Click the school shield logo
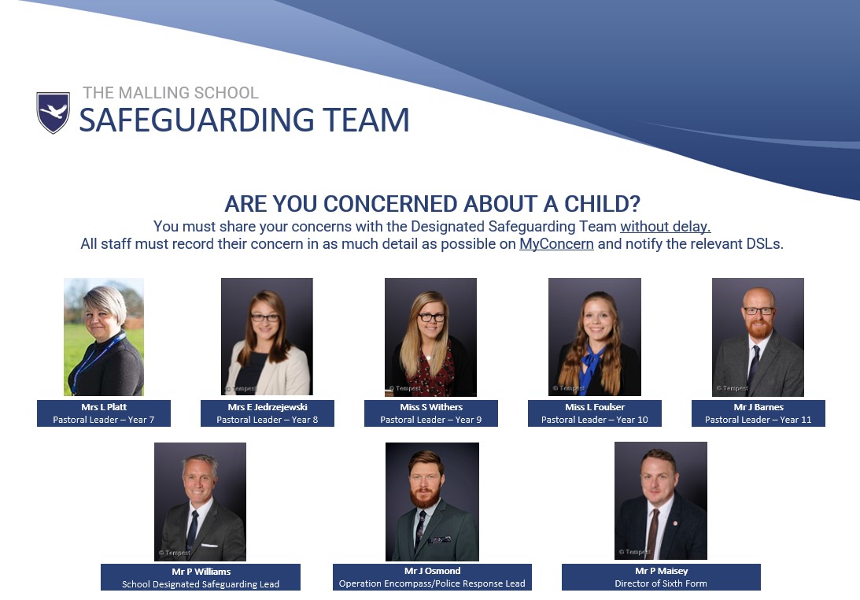coord(54,113)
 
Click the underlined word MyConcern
coord(556,244)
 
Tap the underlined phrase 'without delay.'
coord(666,226)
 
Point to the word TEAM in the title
coord(365,120)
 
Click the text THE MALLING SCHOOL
coord(171,93)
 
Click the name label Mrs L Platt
coord(104,407)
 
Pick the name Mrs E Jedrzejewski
coord(267,407)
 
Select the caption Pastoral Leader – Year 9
coord(430,420)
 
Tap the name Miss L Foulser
coord(595,407)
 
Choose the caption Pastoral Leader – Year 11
coord(758,420)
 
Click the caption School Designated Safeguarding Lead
coord(200,584)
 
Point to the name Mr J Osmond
coord(432,571)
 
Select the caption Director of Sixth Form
coord(660,583)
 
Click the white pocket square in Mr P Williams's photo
coord(209,545)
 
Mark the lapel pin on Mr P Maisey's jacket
coord(675,523)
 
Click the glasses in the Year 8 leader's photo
coord(265,317)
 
